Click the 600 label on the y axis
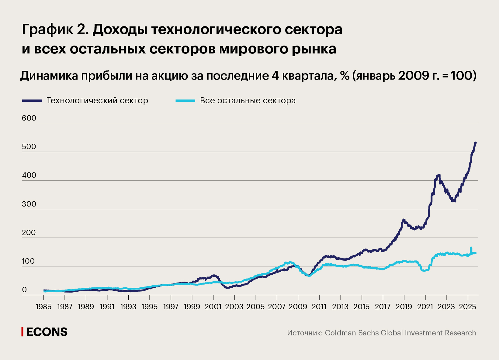pyautogui.click(x=29, y=118)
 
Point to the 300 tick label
pyautogui.click(x=29, y=204)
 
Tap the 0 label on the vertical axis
pyautogui.click(x=24, y=290)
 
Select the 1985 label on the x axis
pyautogui.click(x=43, y=307)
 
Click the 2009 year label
pyautogui.click(x=298, y=307)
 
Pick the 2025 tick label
pyautogui.click(x=467, y=307)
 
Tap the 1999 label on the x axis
pyautogui.click(x=192, y=307)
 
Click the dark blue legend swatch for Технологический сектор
pyautogui.click(x=32, y=101)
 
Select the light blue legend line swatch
pyautogui.click(x=185, y=101)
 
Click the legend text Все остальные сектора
pyautogui.click(x=248, y=101)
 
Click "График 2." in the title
pyautogui.click(x=55, y=29)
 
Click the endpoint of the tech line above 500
pyautogui.click(x=476, y=142)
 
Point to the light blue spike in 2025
pyautogui.click(x=471, y=248)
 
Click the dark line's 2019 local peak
pyautogui.click(x=404, y=220)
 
